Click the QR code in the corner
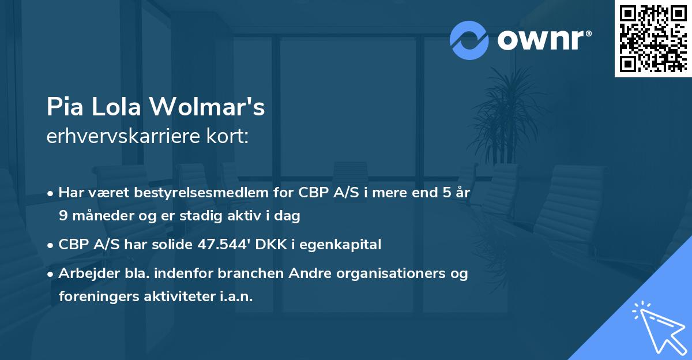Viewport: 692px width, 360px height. tap(653, 39)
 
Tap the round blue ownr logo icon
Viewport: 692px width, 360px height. tap(469, 40)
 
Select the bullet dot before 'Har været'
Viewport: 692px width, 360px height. tap(51, 193)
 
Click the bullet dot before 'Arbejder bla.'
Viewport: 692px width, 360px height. tap(51, 274)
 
